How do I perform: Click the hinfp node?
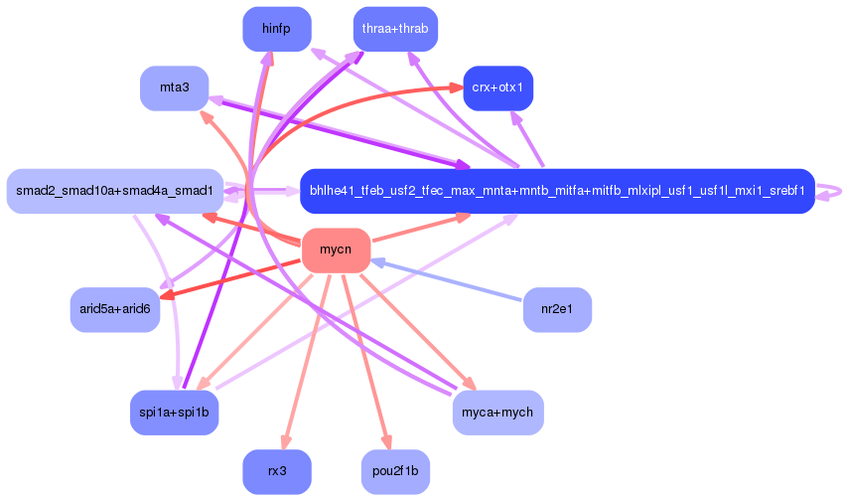click(277, 29)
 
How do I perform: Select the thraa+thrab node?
click(395, 29)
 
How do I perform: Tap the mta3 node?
click(175, 88)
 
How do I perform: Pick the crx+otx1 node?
click(498, 88)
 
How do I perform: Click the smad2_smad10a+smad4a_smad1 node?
click(115, 191)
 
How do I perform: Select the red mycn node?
click(337, 250)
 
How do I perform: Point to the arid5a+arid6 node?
click(115, 309)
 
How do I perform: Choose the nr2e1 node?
click(557, 309)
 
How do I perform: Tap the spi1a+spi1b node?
click(175, 413)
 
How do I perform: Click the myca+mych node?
click(498, 413)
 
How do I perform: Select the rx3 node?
click(277, 472)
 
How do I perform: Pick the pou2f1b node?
click(395, 472)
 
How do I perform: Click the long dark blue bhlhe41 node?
click(557, 191)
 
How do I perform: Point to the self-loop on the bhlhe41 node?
click(829, 191)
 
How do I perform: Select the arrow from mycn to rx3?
click(307, 361)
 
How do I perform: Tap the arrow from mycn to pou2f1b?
click(365, 361)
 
